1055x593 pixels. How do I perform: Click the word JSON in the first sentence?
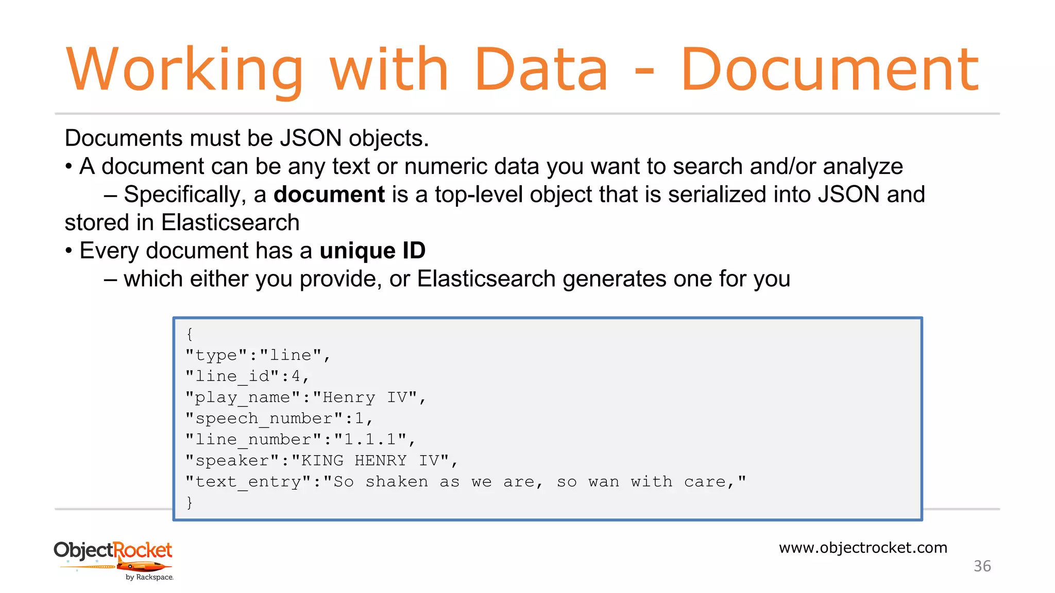(311, 138)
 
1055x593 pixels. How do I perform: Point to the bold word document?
(329, 195)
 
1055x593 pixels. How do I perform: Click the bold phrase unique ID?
(372, 251)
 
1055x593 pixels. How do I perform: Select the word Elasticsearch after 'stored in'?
(230, 223)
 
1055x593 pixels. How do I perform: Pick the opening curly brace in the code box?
(190, 334)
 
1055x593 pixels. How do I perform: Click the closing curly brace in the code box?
(190, 502)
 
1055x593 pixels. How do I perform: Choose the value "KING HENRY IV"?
(369, 461)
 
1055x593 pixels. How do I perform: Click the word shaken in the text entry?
(397, 482)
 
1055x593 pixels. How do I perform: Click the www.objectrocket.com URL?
(863, 548)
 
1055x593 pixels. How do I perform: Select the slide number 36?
(982, 566)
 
